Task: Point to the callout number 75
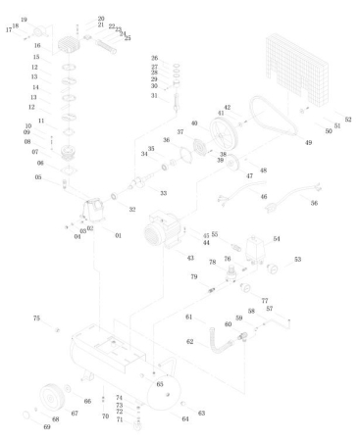[x=36, y=318]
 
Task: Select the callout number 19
[x=24, y=20]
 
